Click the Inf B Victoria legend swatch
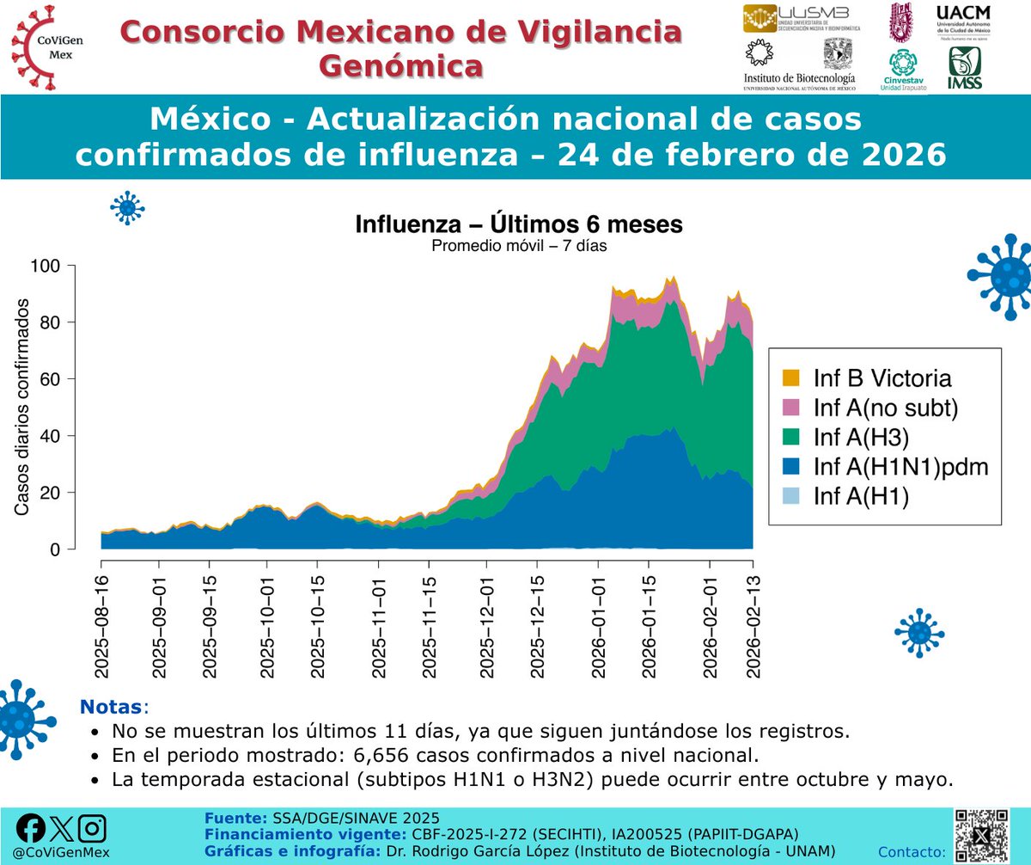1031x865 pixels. [790, 377]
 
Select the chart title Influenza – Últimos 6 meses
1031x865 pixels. [519, 225]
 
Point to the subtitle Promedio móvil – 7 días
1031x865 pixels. [519, 247]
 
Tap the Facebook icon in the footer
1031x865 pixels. [31, 828]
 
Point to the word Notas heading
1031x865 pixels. [112, 708]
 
